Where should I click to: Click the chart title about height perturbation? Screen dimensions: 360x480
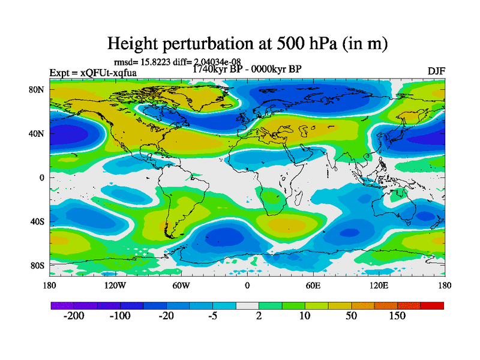click(247, 43)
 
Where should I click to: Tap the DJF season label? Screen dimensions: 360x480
click(436, 71)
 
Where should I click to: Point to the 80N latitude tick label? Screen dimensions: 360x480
click(38, 89)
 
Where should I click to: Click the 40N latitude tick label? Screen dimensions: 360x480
click(38, 133)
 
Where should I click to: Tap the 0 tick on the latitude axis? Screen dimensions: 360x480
click(43, 177)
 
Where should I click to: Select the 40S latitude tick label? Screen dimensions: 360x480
click(38, 221)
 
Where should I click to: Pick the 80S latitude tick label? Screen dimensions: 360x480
click(38, 265)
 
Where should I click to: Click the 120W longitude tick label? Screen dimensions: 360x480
click(115, 285)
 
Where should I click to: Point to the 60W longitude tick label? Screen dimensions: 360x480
click(181, 285)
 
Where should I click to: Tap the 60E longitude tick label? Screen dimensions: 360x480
click(313, 285)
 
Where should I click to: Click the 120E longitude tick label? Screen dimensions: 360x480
click(379, 285)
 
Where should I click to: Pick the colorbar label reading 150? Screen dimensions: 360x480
click(397, 316)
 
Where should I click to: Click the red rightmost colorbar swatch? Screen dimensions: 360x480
click(432, 306)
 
